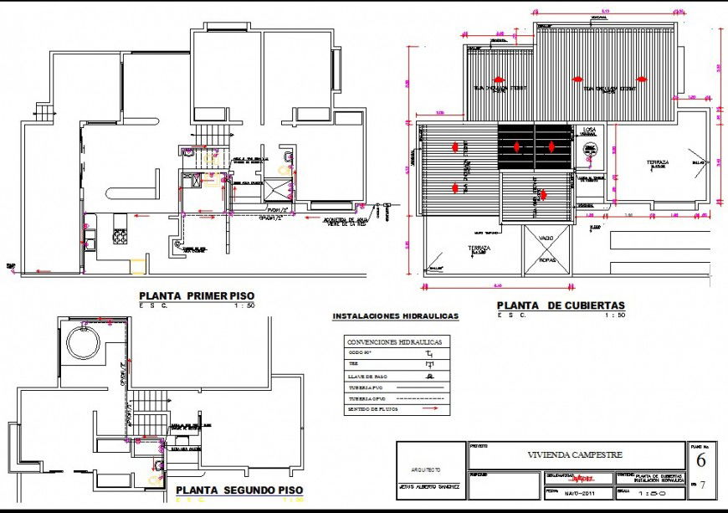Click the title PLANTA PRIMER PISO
[x=196, y=295]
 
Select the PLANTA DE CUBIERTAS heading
[x=561, y=305]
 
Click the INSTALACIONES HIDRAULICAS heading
[x=396, y=317]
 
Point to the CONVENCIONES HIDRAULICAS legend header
[x=397, y=342]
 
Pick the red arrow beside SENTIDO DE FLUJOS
[x=431, y=410]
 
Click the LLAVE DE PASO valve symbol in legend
[x=431, y=377]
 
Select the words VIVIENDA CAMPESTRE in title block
[x=575, y=455]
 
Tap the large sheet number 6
[x=700, y=460]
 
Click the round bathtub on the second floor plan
[x=82, y=343]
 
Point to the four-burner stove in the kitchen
[x=120, y=237]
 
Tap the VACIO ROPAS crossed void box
[x=546, y=249]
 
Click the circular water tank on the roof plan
[x=589, y=149]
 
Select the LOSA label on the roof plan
[x=589, y=131]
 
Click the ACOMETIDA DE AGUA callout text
[x=345, y=222]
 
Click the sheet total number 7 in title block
[x=703, y=485]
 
